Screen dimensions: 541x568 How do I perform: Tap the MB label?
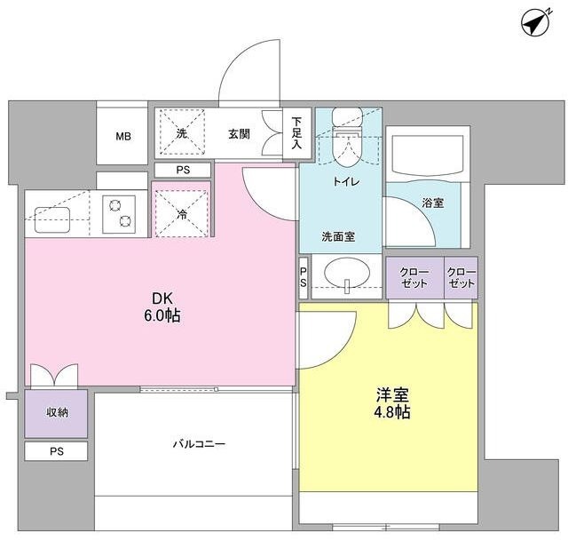click(x=122, y=136)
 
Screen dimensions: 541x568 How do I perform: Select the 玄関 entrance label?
click(x=239, y=134)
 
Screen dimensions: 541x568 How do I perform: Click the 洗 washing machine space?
click(x=181, y=133)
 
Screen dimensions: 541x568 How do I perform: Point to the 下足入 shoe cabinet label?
click(x=296, y=132)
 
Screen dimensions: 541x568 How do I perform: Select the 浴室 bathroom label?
click(x=434, y=203)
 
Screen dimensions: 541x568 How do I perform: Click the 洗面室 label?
click(x=338, y=237)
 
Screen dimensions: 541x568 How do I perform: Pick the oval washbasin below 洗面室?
click(x=343, y=276)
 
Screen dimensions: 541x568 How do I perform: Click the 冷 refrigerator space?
click(x=181, y=213)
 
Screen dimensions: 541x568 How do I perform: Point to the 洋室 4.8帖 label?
click(x=391, y=403)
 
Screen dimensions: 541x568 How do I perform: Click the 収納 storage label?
click(x=56, y=414)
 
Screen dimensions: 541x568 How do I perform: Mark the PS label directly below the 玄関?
click(x=182, y=170)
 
